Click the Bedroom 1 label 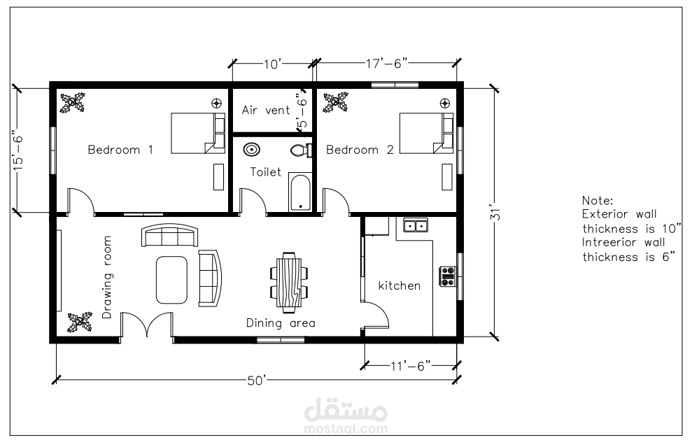[120, 150]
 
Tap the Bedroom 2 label [360, 150]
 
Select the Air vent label [266, 110]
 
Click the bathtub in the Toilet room [300, 192]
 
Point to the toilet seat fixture [302, 150]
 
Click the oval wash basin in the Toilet [252, 149]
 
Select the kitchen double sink [416, 225]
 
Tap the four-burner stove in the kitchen [448, 276]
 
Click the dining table [289, 279]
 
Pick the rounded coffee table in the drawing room [171, 280]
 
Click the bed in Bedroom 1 [198, 134]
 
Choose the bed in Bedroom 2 [426, 134]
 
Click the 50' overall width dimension [257, 381]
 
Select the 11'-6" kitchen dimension [411, 366]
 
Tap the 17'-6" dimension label [386, 64]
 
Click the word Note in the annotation [598, 200]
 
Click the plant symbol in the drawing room [80, 322]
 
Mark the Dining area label [281, 323]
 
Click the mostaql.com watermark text [346, 428]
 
